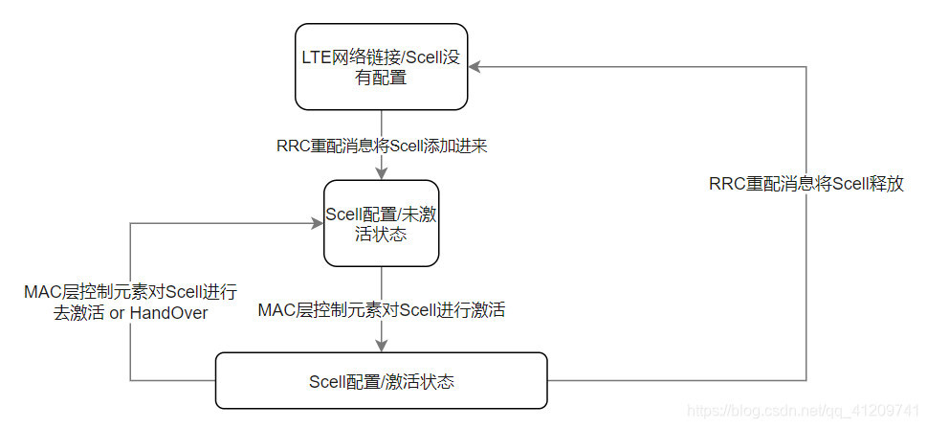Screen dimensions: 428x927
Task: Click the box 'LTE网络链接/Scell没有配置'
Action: point(381,67)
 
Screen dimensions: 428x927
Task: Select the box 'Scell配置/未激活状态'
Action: point(381,223)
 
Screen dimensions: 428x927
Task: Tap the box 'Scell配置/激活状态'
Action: point(381,381)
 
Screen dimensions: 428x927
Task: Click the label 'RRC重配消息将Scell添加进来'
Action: point(383,146)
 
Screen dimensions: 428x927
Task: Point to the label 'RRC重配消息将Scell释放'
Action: point(806,185)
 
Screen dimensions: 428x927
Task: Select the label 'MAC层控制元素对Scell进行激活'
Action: point(382,309)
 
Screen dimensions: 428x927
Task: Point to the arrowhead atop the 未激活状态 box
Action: point(382,174)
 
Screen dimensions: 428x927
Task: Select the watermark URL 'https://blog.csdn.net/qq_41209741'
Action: point(805,411)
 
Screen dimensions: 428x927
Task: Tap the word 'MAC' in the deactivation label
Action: point(44,292)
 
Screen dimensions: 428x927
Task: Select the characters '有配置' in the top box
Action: point(381,79)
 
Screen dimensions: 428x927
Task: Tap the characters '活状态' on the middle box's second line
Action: point(381,234)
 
